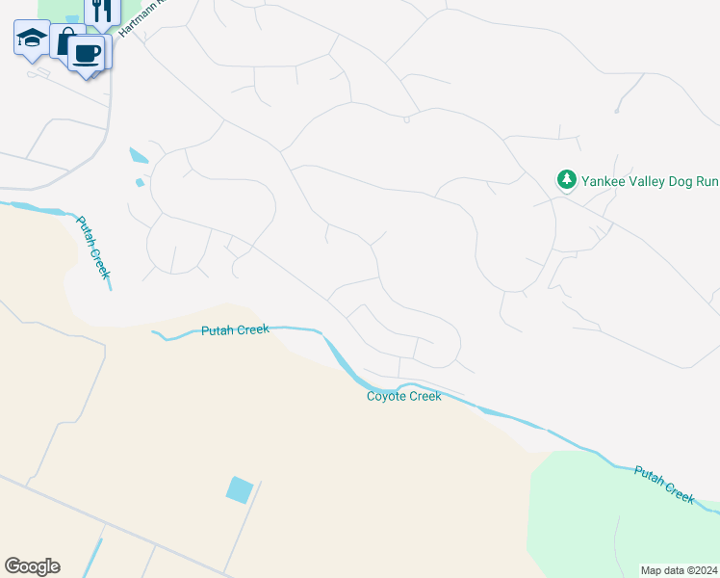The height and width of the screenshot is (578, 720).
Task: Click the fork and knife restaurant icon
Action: pos(103,9)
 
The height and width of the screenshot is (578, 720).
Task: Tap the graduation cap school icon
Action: pos(31,39)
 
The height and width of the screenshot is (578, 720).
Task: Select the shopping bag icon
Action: pos(65,43)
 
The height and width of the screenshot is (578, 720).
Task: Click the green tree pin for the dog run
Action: pos(566,179)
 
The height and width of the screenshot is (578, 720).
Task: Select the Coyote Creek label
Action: pos(404,396)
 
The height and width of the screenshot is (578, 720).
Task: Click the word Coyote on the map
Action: pos(387,396)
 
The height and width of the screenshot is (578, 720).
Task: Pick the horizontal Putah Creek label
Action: pos(235,330)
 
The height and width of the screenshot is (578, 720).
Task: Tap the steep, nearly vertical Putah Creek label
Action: pos(94,247)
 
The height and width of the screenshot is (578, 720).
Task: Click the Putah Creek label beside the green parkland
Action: pos(664,483)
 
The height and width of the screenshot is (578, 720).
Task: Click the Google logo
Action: pos(32,566)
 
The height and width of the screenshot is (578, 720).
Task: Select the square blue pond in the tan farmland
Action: pos(240,489)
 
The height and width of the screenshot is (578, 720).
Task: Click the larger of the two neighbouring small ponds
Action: pos(139,155)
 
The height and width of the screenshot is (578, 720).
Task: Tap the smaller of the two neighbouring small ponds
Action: pos(141,182)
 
